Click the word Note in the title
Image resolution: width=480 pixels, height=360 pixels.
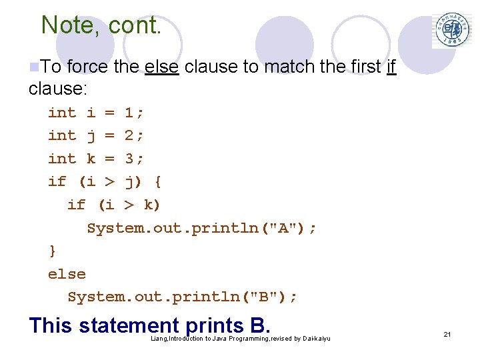pos(62,25)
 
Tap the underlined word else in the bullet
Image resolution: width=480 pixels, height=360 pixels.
pos(161,67)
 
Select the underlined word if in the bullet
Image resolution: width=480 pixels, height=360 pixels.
pos(391,67)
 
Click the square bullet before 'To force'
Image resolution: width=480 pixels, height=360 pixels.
pos(34,67)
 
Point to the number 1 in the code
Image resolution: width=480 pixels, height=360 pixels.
pos(130,113)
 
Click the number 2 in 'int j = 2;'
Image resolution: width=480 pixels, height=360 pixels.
pos(130,135)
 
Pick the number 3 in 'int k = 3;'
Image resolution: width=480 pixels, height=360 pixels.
pos(130,159)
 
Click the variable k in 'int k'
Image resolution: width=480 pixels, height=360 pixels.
pos(91,159)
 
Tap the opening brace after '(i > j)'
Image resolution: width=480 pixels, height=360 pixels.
pos(158,181)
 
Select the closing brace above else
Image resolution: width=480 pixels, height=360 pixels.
pos(53,251)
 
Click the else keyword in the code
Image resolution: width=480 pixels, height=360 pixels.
pos(67,273)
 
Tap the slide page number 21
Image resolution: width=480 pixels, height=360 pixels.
pos(447,334)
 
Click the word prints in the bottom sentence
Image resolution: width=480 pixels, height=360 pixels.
pos(215,326)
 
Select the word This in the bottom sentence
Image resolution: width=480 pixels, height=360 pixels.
pos(51,326)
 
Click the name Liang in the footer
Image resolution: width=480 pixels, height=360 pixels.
pos(159,339)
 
